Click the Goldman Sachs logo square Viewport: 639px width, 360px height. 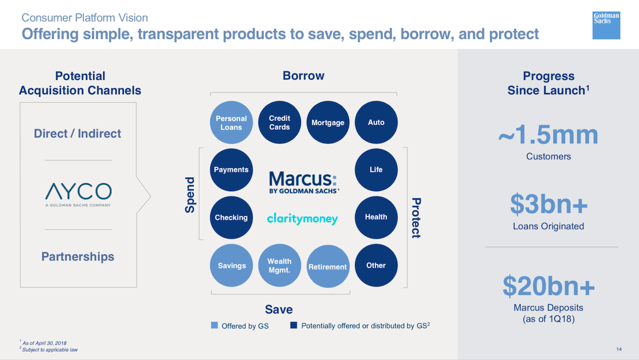click(606, 26)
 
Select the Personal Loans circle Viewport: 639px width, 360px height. click(231, 122)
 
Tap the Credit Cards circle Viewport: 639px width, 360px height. click(280, 122)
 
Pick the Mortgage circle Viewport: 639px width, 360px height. click(328, 122)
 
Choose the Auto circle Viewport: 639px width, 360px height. click(376, 122)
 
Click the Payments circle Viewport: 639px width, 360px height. click(231, 170)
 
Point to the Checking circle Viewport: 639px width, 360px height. click(231, 217)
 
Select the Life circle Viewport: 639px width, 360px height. click(376, 170)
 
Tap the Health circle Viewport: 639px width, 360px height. click(376, 217)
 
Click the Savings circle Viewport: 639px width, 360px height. click(231, 265)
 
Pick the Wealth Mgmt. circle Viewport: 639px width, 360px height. click(280, 265)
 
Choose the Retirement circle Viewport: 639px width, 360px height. click(328, 266)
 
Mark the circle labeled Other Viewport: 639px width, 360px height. click(376, 265)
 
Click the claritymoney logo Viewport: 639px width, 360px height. click(302, 218)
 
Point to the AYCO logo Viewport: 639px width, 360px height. click(78, 194)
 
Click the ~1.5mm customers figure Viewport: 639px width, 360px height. click(548, 135)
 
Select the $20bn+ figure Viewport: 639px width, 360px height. click(548, 286)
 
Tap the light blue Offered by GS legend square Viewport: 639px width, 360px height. click(214, 325)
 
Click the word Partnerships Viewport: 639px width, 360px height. click(78, 257)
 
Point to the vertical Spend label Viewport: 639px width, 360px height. click(190, 195)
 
